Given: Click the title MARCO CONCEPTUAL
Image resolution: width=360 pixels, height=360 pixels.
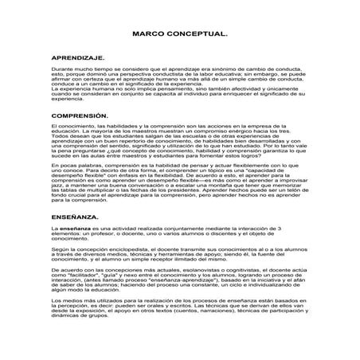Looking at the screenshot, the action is [179, 37].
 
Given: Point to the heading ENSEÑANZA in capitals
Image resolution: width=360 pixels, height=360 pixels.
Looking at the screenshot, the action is [75, 216].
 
